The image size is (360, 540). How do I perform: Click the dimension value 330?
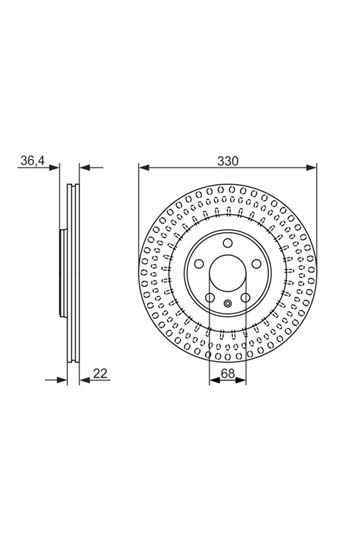(227, 161)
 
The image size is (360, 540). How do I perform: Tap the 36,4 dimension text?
(32, 161)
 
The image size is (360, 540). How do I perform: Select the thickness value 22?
(100, 374)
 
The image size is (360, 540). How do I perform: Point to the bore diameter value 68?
(228, 374)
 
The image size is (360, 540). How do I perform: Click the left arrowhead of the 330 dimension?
(144, 168)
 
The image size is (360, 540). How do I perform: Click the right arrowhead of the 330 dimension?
(311, 168)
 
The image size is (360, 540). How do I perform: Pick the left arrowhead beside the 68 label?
(214, 380)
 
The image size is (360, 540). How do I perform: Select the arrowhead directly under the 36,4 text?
(54, 168)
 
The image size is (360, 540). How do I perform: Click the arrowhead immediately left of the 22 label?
(85, 380)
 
